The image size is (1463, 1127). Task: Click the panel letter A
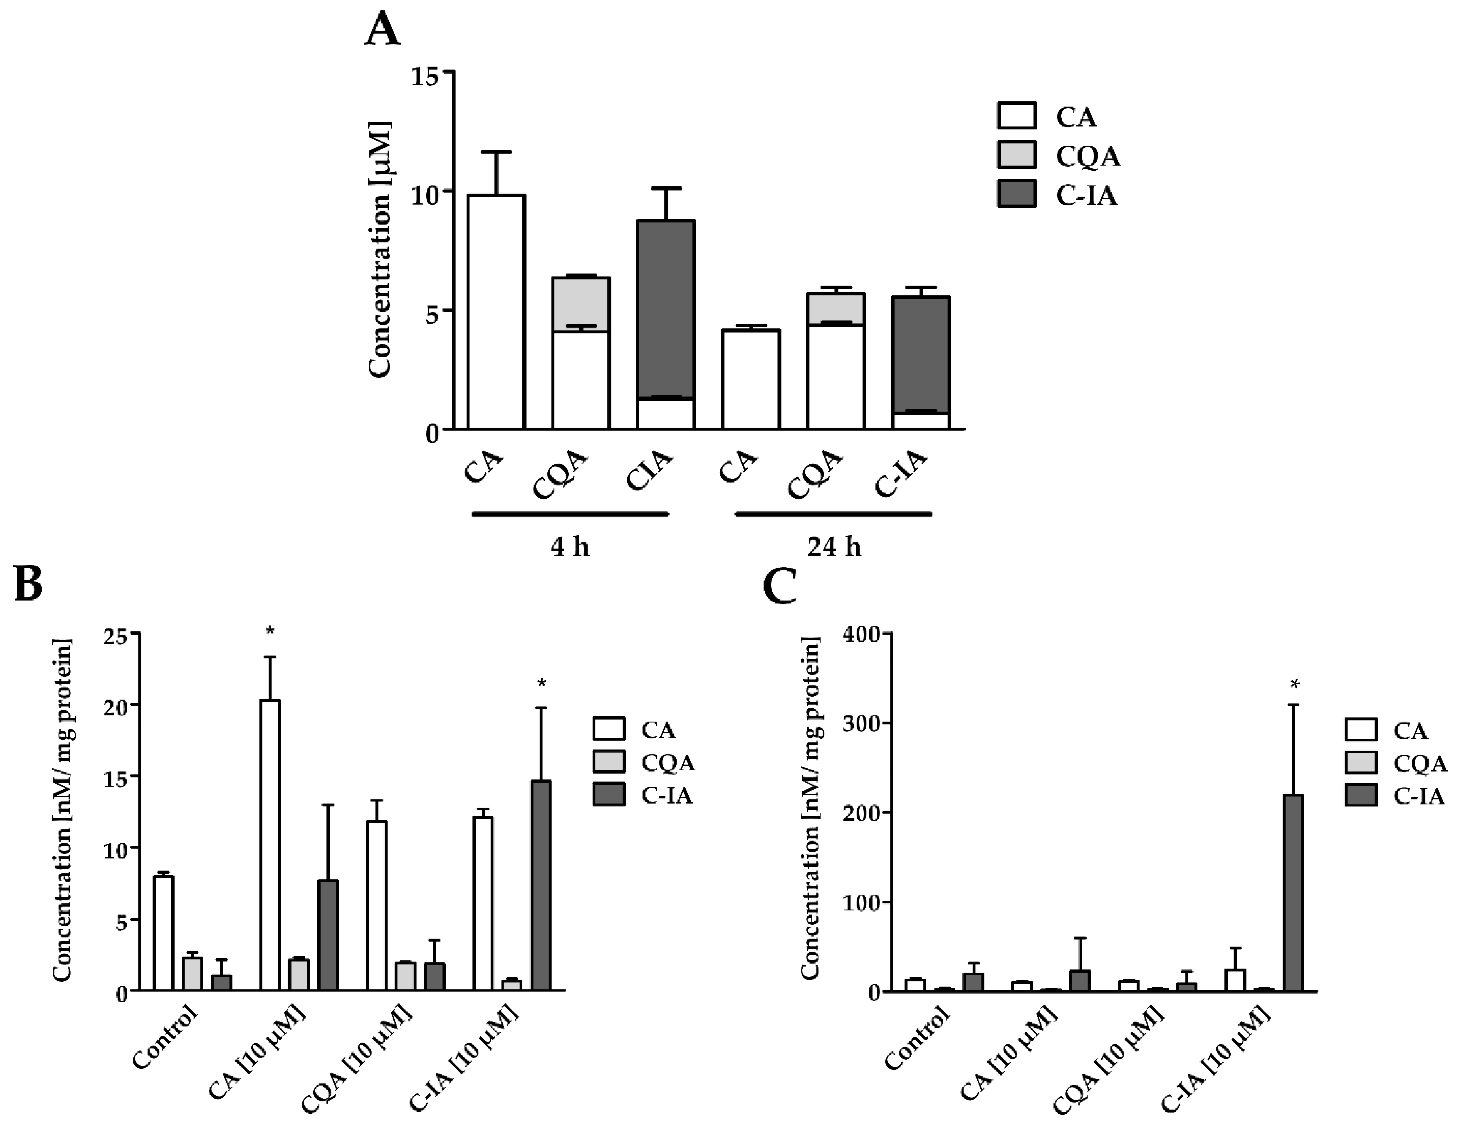coord(383,30)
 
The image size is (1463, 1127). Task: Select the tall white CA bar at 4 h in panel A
coord(496,312)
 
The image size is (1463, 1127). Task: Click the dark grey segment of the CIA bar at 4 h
coord(666,308)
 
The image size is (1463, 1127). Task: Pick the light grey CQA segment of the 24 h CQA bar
coord(835,309)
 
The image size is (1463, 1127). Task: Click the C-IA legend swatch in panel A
coord(1016,194)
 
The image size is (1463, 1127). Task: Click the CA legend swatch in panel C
coord(1361,730)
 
